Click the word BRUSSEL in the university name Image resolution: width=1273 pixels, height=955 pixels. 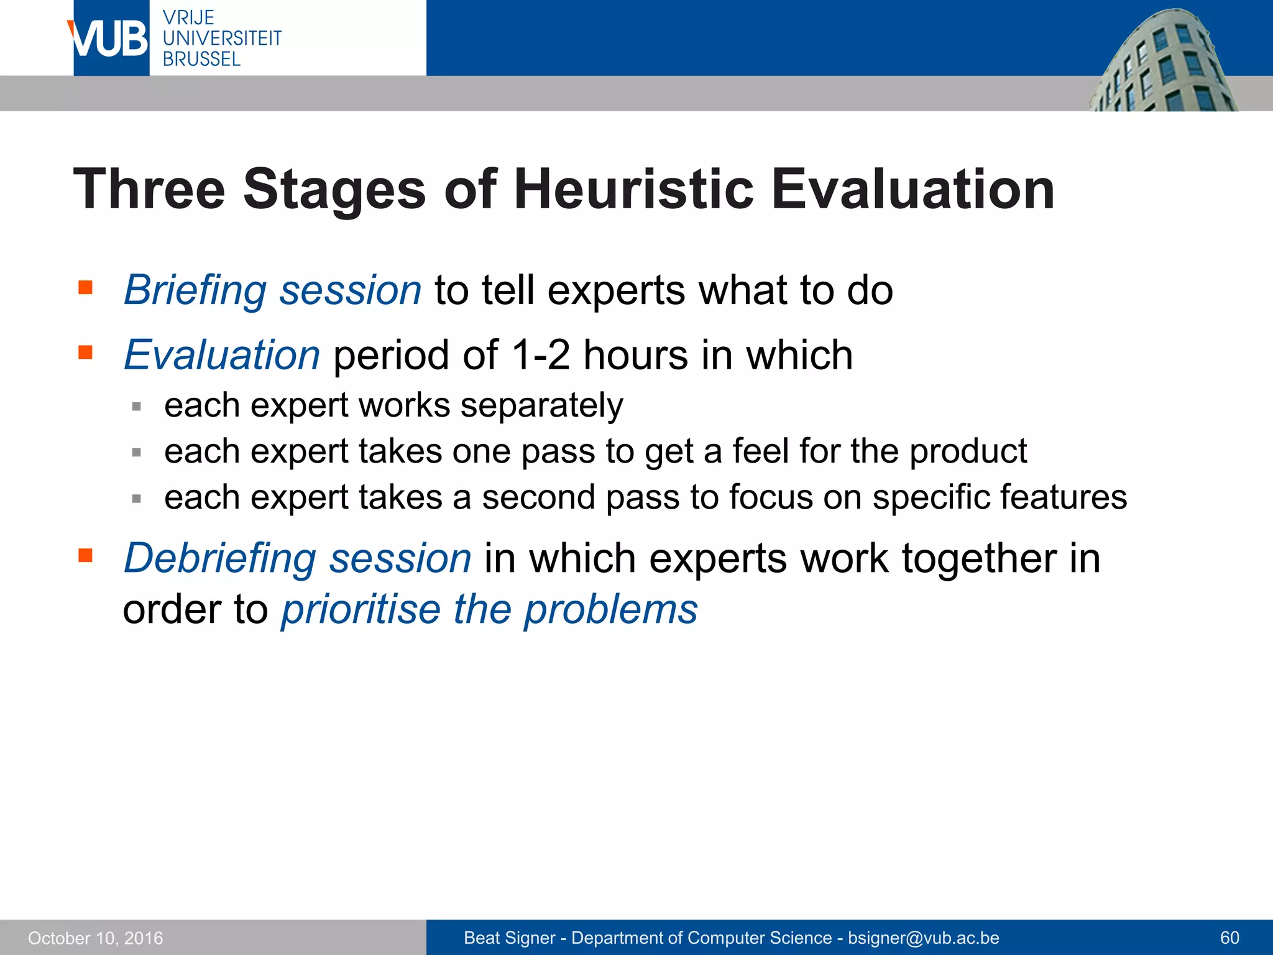pos(201,59)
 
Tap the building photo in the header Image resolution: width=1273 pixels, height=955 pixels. pos(1162,62)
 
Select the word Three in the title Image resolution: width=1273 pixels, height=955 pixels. pos(149,189)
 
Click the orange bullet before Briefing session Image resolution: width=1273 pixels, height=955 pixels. pos(85,287)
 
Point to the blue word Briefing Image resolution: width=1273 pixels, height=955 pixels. pos(195,290)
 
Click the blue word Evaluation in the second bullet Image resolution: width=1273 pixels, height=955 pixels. pos(222,355)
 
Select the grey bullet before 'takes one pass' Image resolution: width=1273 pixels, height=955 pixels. pos(137,453)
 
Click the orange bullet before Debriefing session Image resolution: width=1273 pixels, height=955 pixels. pos(85,555)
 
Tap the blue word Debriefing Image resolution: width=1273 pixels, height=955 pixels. pos(220,558)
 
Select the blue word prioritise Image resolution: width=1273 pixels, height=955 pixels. pos(361,609)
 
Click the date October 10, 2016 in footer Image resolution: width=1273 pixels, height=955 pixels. pos(96,938)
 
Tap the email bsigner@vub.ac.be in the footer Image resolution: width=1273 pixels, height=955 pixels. pos(924,938)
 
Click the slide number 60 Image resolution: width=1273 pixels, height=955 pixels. pos(1229,938)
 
